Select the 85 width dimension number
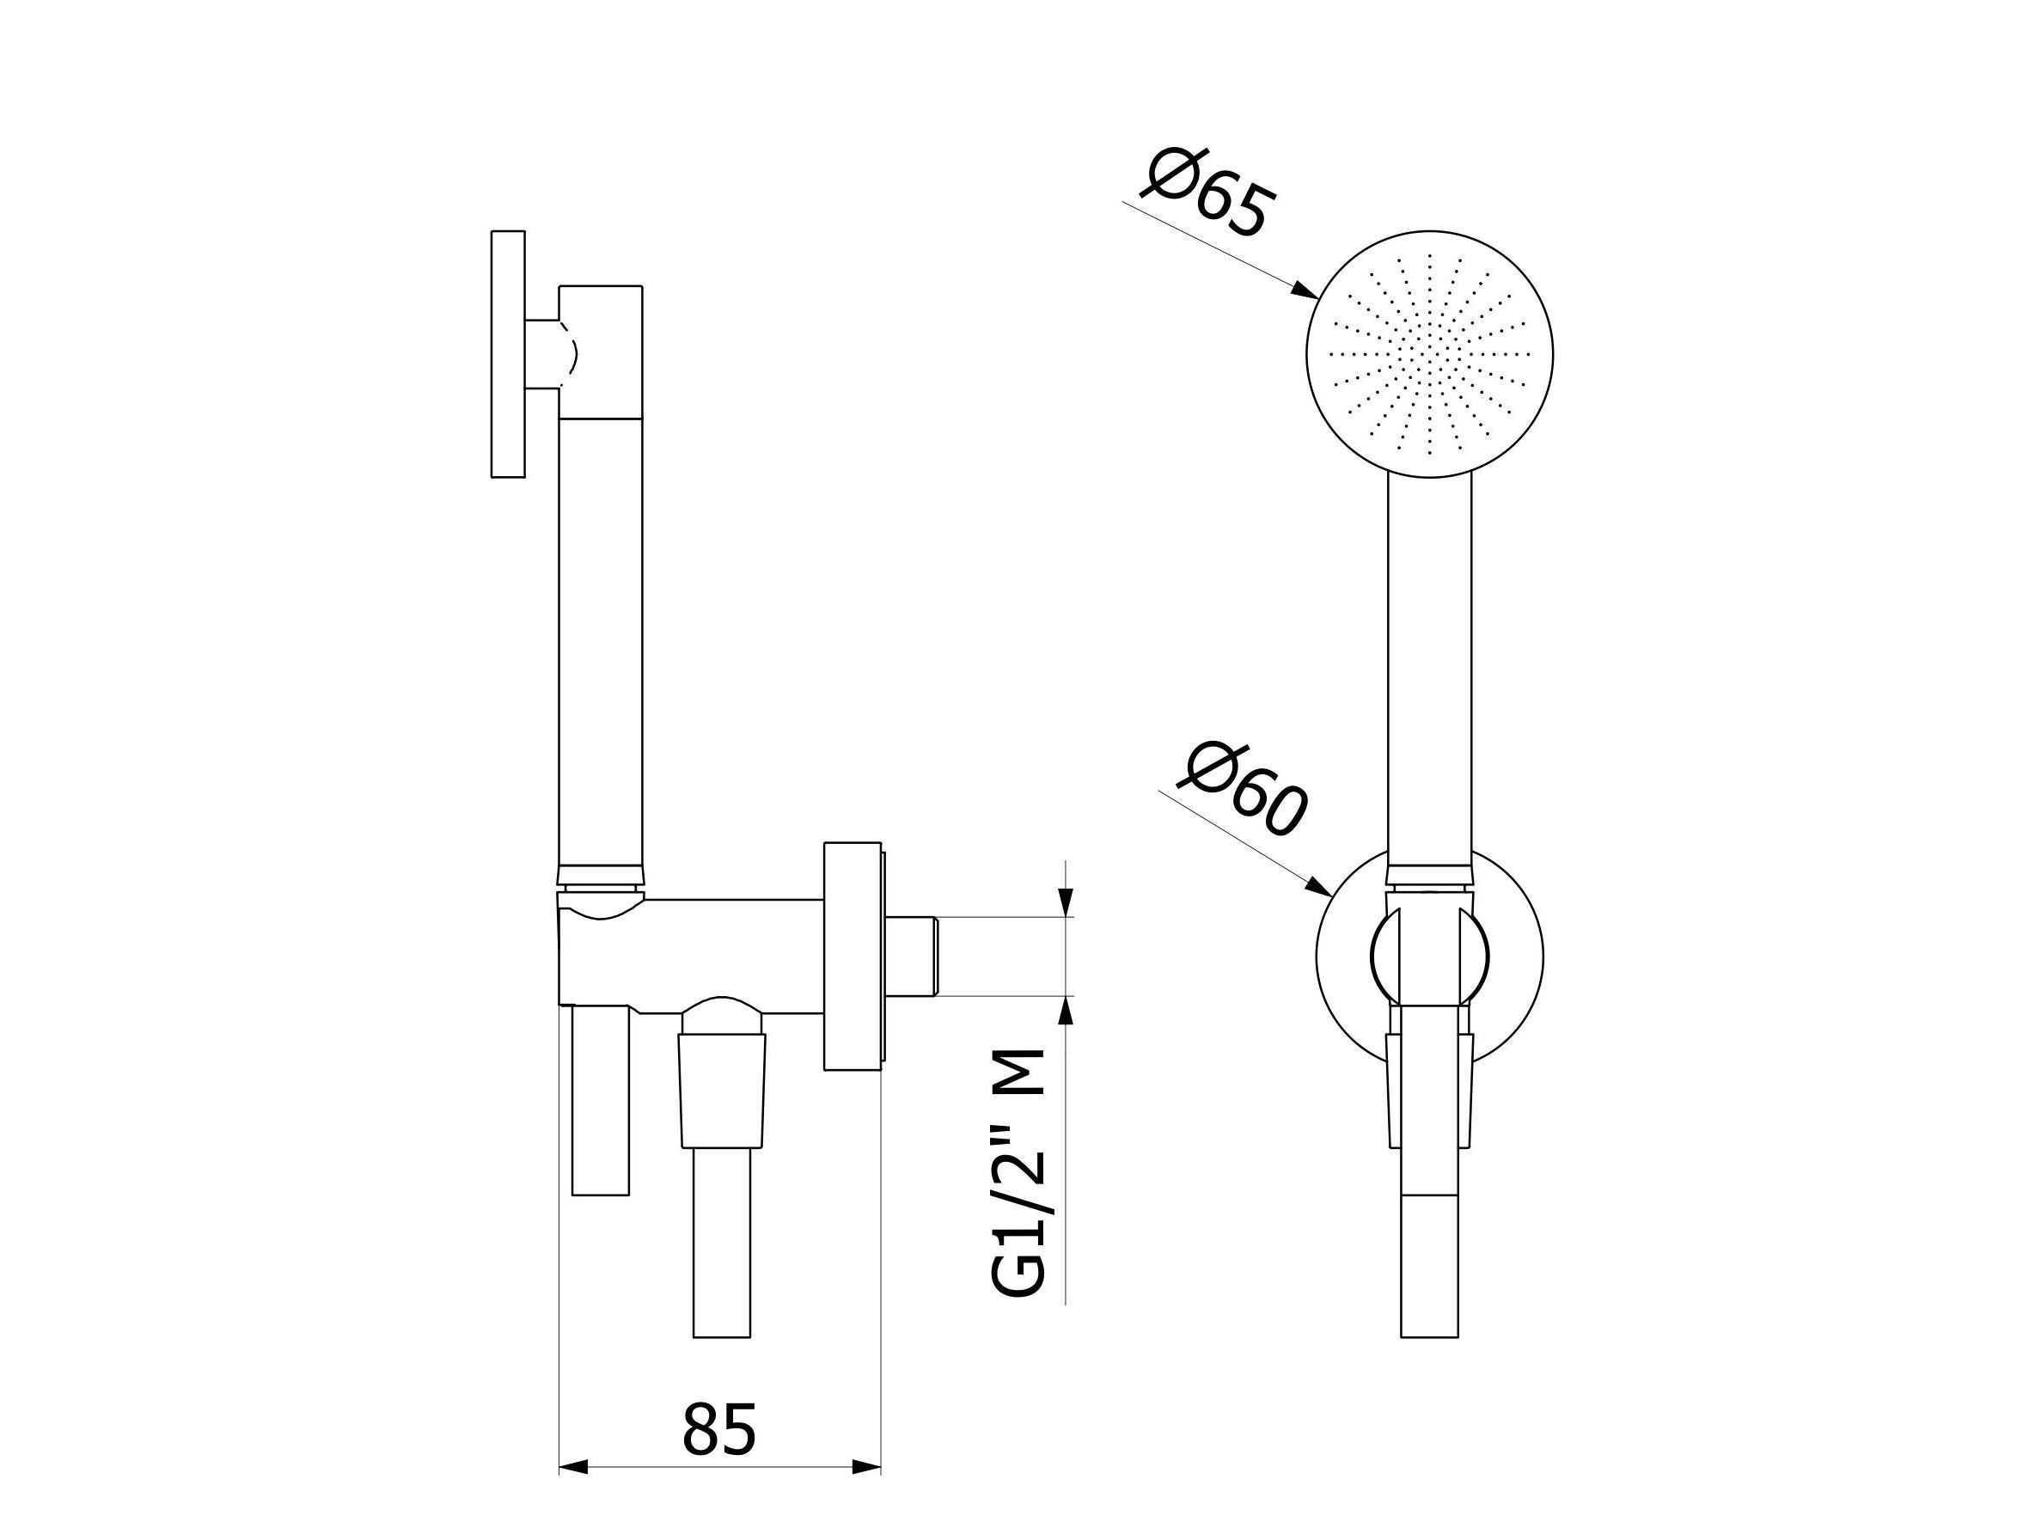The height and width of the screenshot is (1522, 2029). tap(719, 1428)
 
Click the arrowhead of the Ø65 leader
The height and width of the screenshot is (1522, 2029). tap(1306, 290)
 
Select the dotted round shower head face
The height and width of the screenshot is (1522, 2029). tap(1429, 354)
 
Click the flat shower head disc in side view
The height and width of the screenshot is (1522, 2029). tap(508, 354)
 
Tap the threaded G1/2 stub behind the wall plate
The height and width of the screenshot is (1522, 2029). tap(913, 955)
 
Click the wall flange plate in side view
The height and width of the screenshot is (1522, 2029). tap(853, 956)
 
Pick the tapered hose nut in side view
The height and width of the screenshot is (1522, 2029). tap(723, 1090)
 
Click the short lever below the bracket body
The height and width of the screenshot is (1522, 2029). tap(601, 1101)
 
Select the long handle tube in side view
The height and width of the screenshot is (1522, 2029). tap(601, 642)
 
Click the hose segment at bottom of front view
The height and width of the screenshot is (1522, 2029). tap(1429, 1266)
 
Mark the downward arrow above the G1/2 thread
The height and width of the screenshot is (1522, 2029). tap(1065, 903)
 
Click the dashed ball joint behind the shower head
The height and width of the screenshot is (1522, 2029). tap(568, 354)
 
